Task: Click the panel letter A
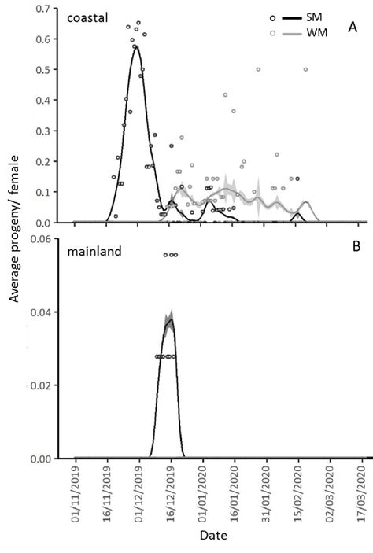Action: (x=353, y=29)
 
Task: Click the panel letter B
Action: (x=356, y=246)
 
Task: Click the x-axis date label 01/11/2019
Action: (x=76, y=489)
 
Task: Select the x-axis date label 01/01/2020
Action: (x=204, y=489)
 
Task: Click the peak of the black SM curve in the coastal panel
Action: (x=136, y=46)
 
